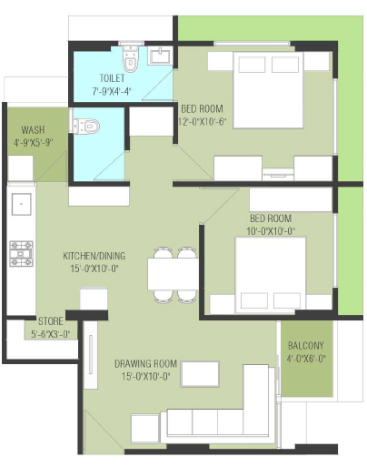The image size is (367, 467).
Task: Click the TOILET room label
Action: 112,78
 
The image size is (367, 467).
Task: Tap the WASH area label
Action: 33,130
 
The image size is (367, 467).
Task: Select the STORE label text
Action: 51,321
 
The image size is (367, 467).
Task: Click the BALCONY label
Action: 306,346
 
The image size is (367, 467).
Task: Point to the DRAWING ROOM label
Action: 145,364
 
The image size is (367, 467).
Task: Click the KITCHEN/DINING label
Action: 94,256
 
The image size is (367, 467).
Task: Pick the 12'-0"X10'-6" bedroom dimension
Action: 203,122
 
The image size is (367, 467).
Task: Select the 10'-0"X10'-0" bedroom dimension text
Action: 271,231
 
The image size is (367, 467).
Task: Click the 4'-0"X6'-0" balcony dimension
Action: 306,359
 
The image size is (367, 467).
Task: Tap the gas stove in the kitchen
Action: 21,254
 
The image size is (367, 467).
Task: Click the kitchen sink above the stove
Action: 21,204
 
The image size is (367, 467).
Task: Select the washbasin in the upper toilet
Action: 160,56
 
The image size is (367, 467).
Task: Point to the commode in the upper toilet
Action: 131,59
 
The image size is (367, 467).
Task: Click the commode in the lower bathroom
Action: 85,126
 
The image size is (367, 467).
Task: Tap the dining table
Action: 173,274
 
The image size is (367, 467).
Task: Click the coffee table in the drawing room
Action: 200,374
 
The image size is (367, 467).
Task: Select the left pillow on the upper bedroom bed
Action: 252,65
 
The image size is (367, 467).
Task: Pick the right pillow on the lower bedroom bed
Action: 287,300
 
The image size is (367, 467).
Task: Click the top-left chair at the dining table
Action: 164,253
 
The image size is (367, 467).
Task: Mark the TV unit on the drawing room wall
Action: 91,355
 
